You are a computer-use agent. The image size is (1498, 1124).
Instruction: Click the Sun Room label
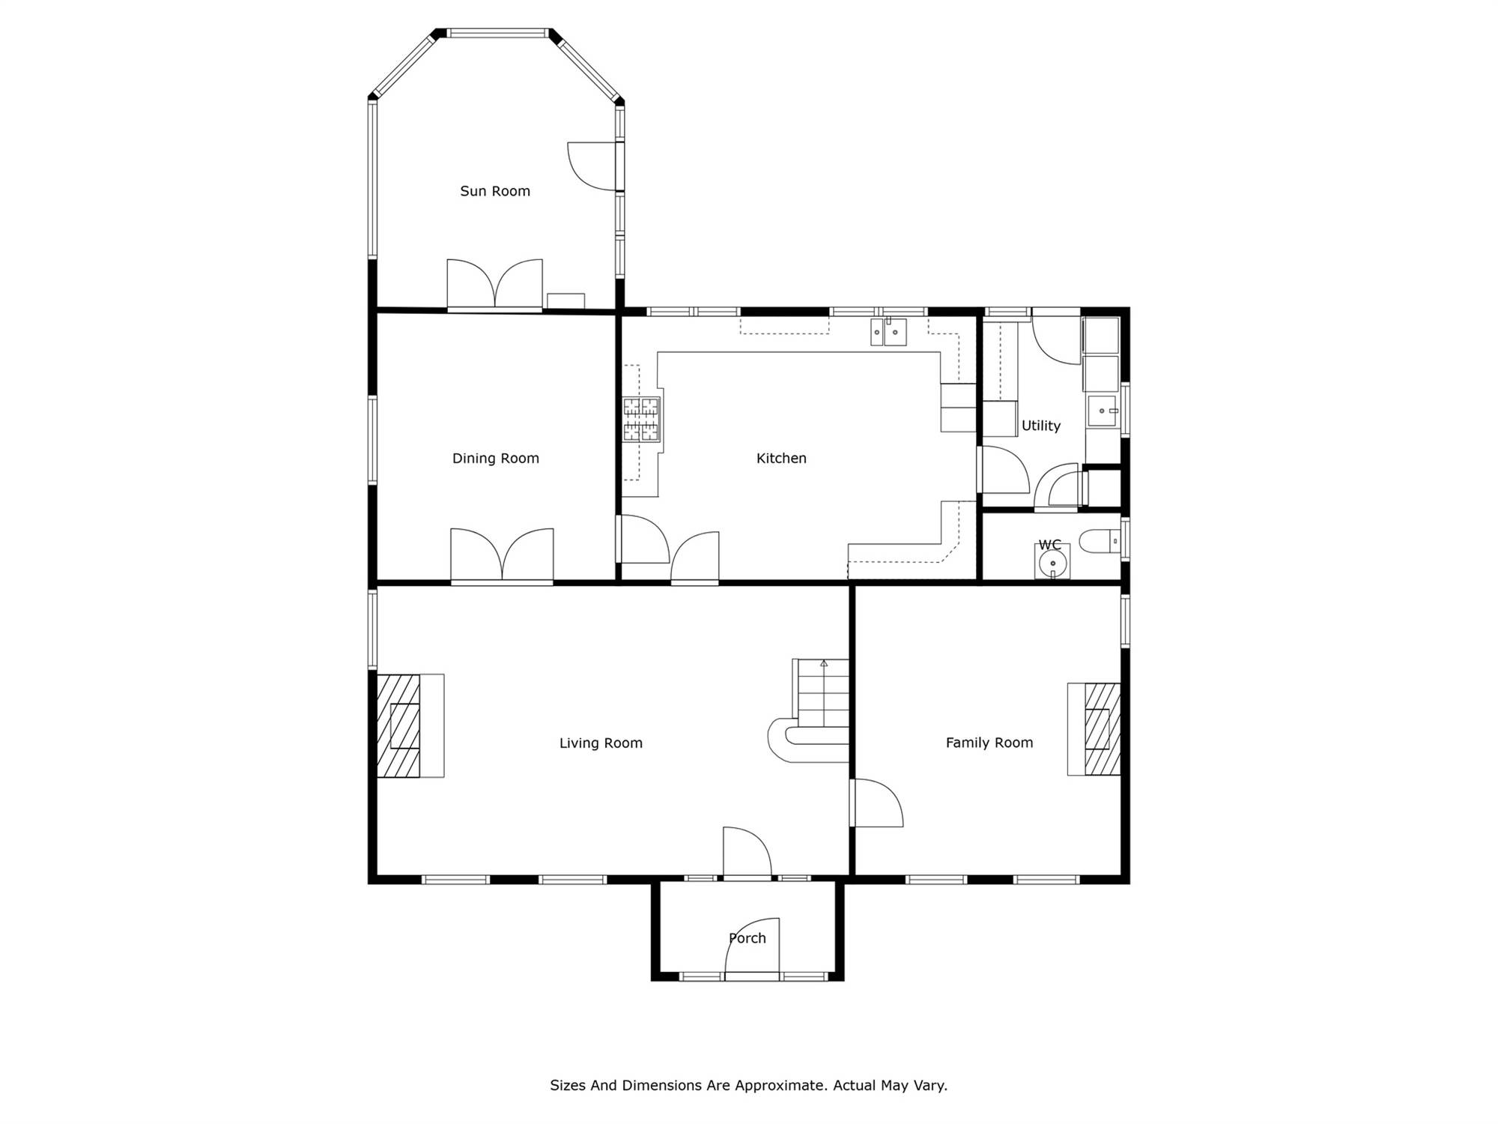[x=495, y=191]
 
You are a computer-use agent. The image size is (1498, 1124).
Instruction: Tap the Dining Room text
[x=496, y=459]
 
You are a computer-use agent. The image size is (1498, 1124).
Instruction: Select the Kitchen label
[x=781, y=458]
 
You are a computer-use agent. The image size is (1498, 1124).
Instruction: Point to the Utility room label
[x=1041, y=426]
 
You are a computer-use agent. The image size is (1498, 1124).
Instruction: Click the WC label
[x=1050, y=545]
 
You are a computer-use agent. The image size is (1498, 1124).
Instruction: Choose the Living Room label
[x=601, y=743]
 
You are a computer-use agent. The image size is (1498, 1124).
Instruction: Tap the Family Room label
[x=989, y=743]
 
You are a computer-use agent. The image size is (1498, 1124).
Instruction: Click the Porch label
[x=748, y=938]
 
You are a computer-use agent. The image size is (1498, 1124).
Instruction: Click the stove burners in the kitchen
[x=642, y=420]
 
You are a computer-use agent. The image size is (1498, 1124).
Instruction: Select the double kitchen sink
[x=888, y=332]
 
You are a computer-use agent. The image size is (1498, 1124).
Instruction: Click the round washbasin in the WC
[x=1052, y=562]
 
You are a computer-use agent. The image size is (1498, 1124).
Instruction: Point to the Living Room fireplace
[x=410, y=725]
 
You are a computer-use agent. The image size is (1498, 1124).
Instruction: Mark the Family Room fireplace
[x=1094, y=729]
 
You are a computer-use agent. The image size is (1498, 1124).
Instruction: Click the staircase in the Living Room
[x=809, y=710]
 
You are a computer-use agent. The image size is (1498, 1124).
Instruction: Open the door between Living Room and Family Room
[x=876, y=803]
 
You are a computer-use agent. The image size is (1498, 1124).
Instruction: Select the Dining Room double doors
[x=502, y=555]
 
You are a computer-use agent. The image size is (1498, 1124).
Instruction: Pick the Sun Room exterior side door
[x=594, y=166]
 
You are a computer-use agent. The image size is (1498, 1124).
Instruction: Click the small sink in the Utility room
[x=1103, y=411]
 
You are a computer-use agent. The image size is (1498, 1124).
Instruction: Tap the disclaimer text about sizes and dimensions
[x=749, y=1085]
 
